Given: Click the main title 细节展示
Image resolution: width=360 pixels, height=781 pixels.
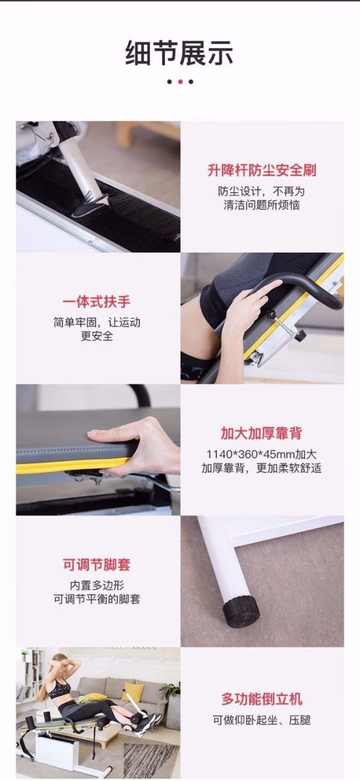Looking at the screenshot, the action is click(x=179, y=53).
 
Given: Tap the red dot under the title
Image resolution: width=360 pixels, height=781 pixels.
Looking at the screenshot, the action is click(x=180, y=82).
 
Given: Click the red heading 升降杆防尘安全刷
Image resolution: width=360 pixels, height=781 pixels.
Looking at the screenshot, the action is click(x=262, y=171).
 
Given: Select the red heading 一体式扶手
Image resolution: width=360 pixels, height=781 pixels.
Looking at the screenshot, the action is click(x=97, y=301).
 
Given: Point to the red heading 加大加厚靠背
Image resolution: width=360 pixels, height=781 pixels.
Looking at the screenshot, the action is click(x=262, y=433).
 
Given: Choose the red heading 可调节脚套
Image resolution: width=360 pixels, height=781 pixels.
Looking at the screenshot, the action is click(x=97, y=564).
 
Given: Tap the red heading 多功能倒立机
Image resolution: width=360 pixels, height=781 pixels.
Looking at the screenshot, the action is click(x=262, y=699).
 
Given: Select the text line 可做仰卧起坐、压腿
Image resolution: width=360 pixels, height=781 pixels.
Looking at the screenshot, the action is click(x=262, y=720).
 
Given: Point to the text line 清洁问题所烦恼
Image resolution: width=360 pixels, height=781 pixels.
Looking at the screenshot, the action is click(x=262, y=205).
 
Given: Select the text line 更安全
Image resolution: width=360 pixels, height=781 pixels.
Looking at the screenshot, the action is click(x=97, y=336).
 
